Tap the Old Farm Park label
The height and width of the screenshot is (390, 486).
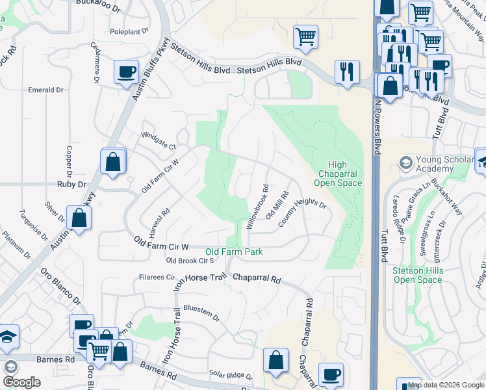coord(234,252)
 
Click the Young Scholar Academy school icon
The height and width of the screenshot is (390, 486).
coord(406,161)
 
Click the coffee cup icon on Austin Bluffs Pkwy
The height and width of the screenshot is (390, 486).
coord(125,71)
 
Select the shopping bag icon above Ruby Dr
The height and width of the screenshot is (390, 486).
coord(112,161)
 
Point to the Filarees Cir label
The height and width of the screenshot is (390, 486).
coord(154,277)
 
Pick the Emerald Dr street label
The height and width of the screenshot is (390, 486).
coord(45,90)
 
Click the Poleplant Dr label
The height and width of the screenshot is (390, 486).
coord(129,31)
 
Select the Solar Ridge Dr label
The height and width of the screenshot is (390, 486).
coord(230,375)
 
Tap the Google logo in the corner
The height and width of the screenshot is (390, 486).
coord(21,382)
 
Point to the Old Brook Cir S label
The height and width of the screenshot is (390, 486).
coord(190,261)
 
